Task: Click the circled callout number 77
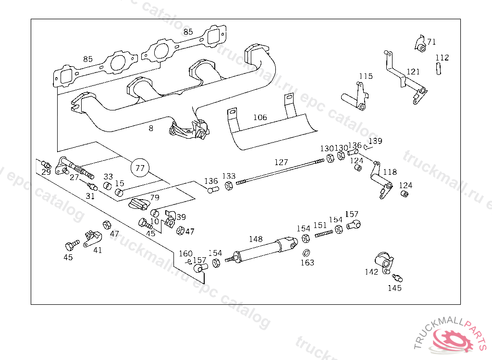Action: coord(140,168)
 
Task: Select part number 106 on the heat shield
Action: coord(260,117)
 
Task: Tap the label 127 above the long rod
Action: coord(281,162)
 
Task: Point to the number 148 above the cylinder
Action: coord(256,239)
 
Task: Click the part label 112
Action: coord(442,58)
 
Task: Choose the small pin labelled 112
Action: coord(438,68)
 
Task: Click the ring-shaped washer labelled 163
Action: coord(306,253)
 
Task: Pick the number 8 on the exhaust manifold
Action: coord(151,128)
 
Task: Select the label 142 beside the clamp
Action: coord(371,272)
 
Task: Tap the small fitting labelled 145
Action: coord(397,278)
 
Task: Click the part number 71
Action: coord(431,42)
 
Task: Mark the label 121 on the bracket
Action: coord(413,72)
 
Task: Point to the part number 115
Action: coord(366,76)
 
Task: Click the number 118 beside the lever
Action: coord(390,172)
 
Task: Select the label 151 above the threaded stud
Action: coord(320,225)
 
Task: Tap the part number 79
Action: coord(154,197)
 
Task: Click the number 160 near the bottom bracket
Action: coord(185,253)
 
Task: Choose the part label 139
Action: coord(375,141)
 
